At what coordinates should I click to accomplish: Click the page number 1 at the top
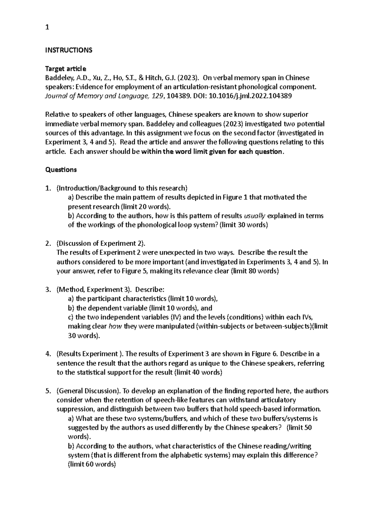(47, 27)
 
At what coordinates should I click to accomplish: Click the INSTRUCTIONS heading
(69, 50)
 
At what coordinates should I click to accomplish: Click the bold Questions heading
(61, 170)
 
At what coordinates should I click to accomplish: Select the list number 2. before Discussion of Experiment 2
(48, 243)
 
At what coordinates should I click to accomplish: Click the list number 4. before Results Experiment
(48, 354)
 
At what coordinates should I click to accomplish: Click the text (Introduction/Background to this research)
(122, 188)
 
